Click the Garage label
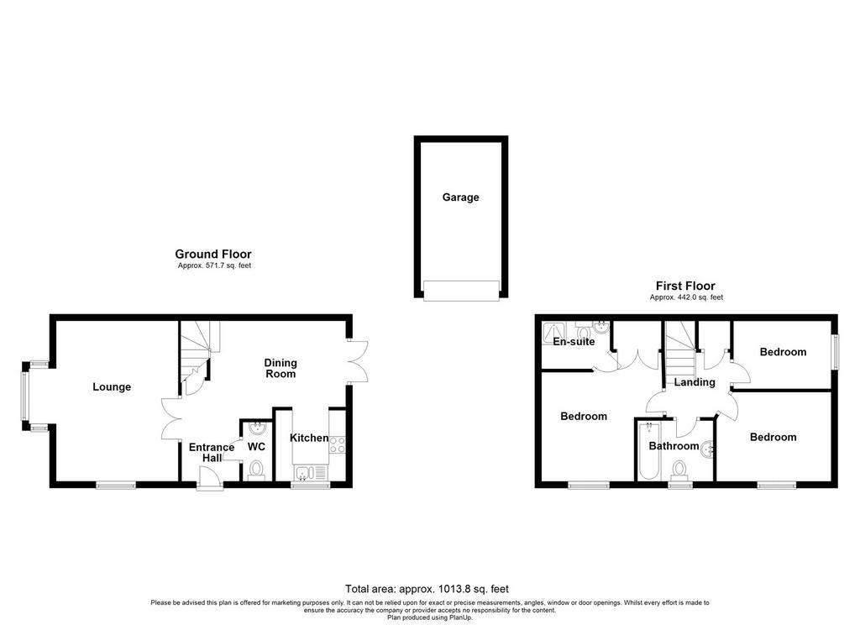[x=461, y=197]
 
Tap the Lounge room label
[x=112, y=387]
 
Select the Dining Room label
[x=281, y=368]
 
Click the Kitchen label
[x=309, y=438]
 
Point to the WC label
[x=256, y=447]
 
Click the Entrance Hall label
[x=212, y=453]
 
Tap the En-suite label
[x=574, y=342]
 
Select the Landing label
[x=695, y=382]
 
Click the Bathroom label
[x=674, y=446]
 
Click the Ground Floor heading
[x=213, y=254]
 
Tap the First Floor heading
[x=685, y=286]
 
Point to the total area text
[x=427, y=589]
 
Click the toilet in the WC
[x=256, y=470]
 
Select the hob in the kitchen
[x=338, y=444]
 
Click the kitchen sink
[x=311, y=472]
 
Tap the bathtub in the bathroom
[x=648, y=450]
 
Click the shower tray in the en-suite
[x=554, y=333]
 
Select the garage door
[x=461, y=291]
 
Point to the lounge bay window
[x=24, y=397]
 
